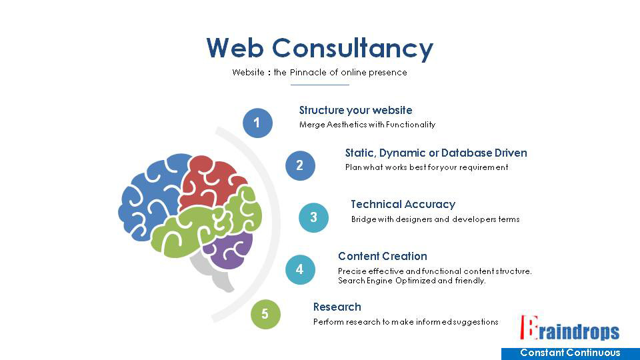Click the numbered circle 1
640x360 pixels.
pyautogui.click(x=257, y=123)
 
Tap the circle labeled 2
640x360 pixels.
pyautogui.click(x=300, y=165)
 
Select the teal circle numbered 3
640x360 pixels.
pyautogui.click(x=313, y=217)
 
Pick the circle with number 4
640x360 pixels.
pyautogui.click(x=300, y=269)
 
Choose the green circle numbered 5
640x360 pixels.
pyautogui.click(x=265, y=314)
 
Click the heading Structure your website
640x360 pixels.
pyautogui.click(x=355, y=111)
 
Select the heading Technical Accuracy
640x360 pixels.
pyautogui.click(x=403, y=205)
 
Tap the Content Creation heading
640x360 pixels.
pyautogui.click(x=382, y=256)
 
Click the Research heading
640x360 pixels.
pyautogui.click(x=337, y=307)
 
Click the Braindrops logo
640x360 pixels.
pyautogui.click(x=569, y=328)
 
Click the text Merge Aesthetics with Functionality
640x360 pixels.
pyautogui.click(x=367, y=125)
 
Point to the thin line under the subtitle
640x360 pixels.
pyautogui.click(x=320, y=85)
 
